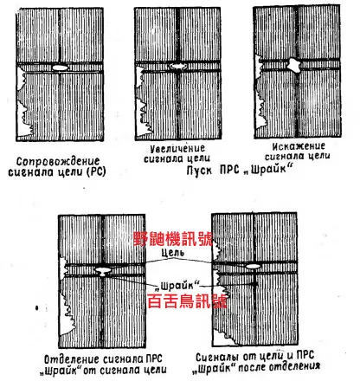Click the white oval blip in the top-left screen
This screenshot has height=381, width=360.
60,67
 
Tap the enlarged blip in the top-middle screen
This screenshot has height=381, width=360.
177,65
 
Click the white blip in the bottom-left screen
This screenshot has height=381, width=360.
106,270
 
